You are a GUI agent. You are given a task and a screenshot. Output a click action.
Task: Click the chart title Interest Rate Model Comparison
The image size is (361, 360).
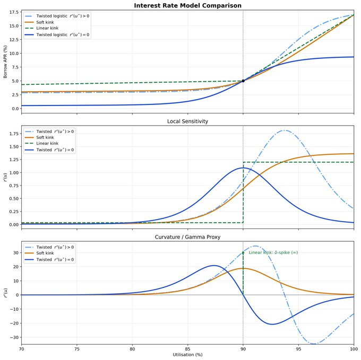187,5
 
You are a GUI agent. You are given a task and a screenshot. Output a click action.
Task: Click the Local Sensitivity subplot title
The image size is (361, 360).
187,121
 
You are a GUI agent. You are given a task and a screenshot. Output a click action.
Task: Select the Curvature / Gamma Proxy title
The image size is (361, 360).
187,236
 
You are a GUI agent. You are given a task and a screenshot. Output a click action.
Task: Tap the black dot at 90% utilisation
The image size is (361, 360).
243,81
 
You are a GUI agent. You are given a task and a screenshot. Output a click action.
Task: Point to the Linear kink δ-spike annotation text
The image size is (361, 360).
273,252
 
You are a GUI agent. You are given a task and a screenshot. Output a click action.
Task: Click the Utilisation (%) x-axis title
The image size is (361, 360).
187,354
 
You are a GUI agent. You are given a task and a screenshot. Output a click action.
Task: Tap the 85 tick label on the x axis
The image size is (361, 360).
187,349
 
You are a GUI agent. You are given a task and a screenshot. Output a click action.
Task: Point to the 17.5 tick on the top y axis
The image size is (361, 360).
13,12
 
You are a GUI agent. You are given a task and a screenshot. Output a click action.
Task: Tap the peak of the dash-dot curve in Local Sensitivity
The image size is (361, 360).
285,130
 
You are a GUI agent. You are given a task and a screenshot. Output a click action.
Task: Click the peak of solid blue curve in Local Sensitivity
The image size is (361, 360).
243,168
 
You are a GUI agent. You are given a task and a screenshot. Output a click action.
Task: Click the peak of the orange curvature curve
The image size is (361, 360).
243,268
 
